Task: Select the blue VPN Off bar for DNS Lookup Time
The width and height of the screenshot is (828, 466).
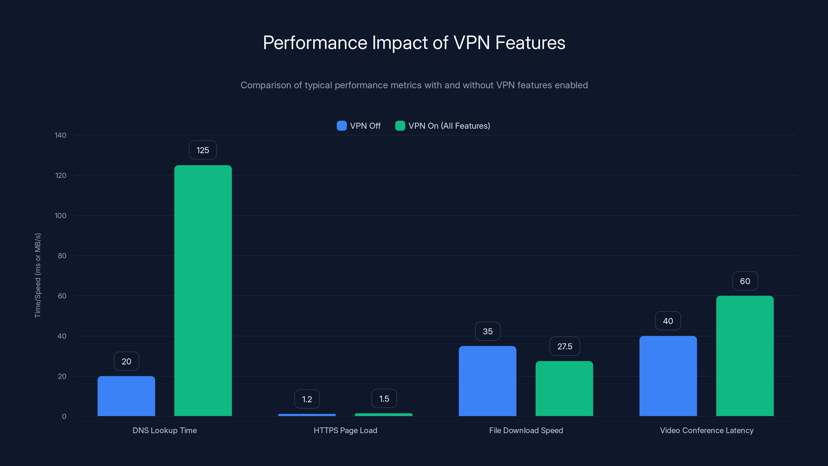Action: pyautogui.click(x=126, y=396)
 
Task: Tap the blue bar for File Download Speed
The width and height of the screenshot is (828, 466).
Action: pyautogui.click(x=487, y=381)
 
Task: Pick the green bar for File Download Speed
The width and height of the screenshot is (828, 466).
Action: pyautogui.click(x=564, y=389)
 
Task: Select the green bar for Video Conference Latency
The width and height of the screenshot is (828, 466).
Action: pyautogui.click(x=745, y=356)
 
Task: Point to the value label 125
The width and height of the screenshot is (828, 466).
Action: pyautogui.click(x=203, y=150)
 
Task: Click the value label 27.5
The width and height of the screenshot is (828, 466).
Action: pyautogui.click(x=565, y=346)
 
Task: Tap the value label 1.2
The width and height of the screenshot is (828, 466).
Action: pyautogui.click(x=307, y=399)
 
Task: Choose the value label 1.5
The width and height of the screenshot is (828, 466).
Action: pyautogui.click(x=384, y=399)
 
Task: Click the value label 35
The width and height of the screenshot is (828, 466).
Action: pyautogui.click(x=487, y=331)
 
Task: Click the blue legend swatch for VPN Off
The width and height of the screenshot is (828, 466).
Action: pyautogui.click(x=341, y=126)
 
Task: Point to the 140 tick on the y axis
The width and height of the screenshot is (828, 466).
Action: pyautogui.click(x=61, y=135)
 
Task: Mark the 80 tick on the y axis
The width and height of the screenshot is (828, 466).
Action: pyautogui.click(x=62, y=256)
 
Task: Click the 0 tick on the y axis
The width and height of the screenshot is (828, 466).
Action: pyautogui.click(x=64, y=417)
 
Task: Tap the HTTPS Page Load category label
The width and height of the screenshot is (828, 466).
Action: pyautogui.click(x=345, y=430)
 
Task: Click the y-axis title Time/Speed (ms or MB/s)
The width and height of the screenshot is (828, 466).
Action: pyautogui.click(x=38, y=275)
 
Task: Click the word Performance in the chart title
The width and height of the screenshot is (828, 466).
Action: pyautogui.click(x=315, y=43)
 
